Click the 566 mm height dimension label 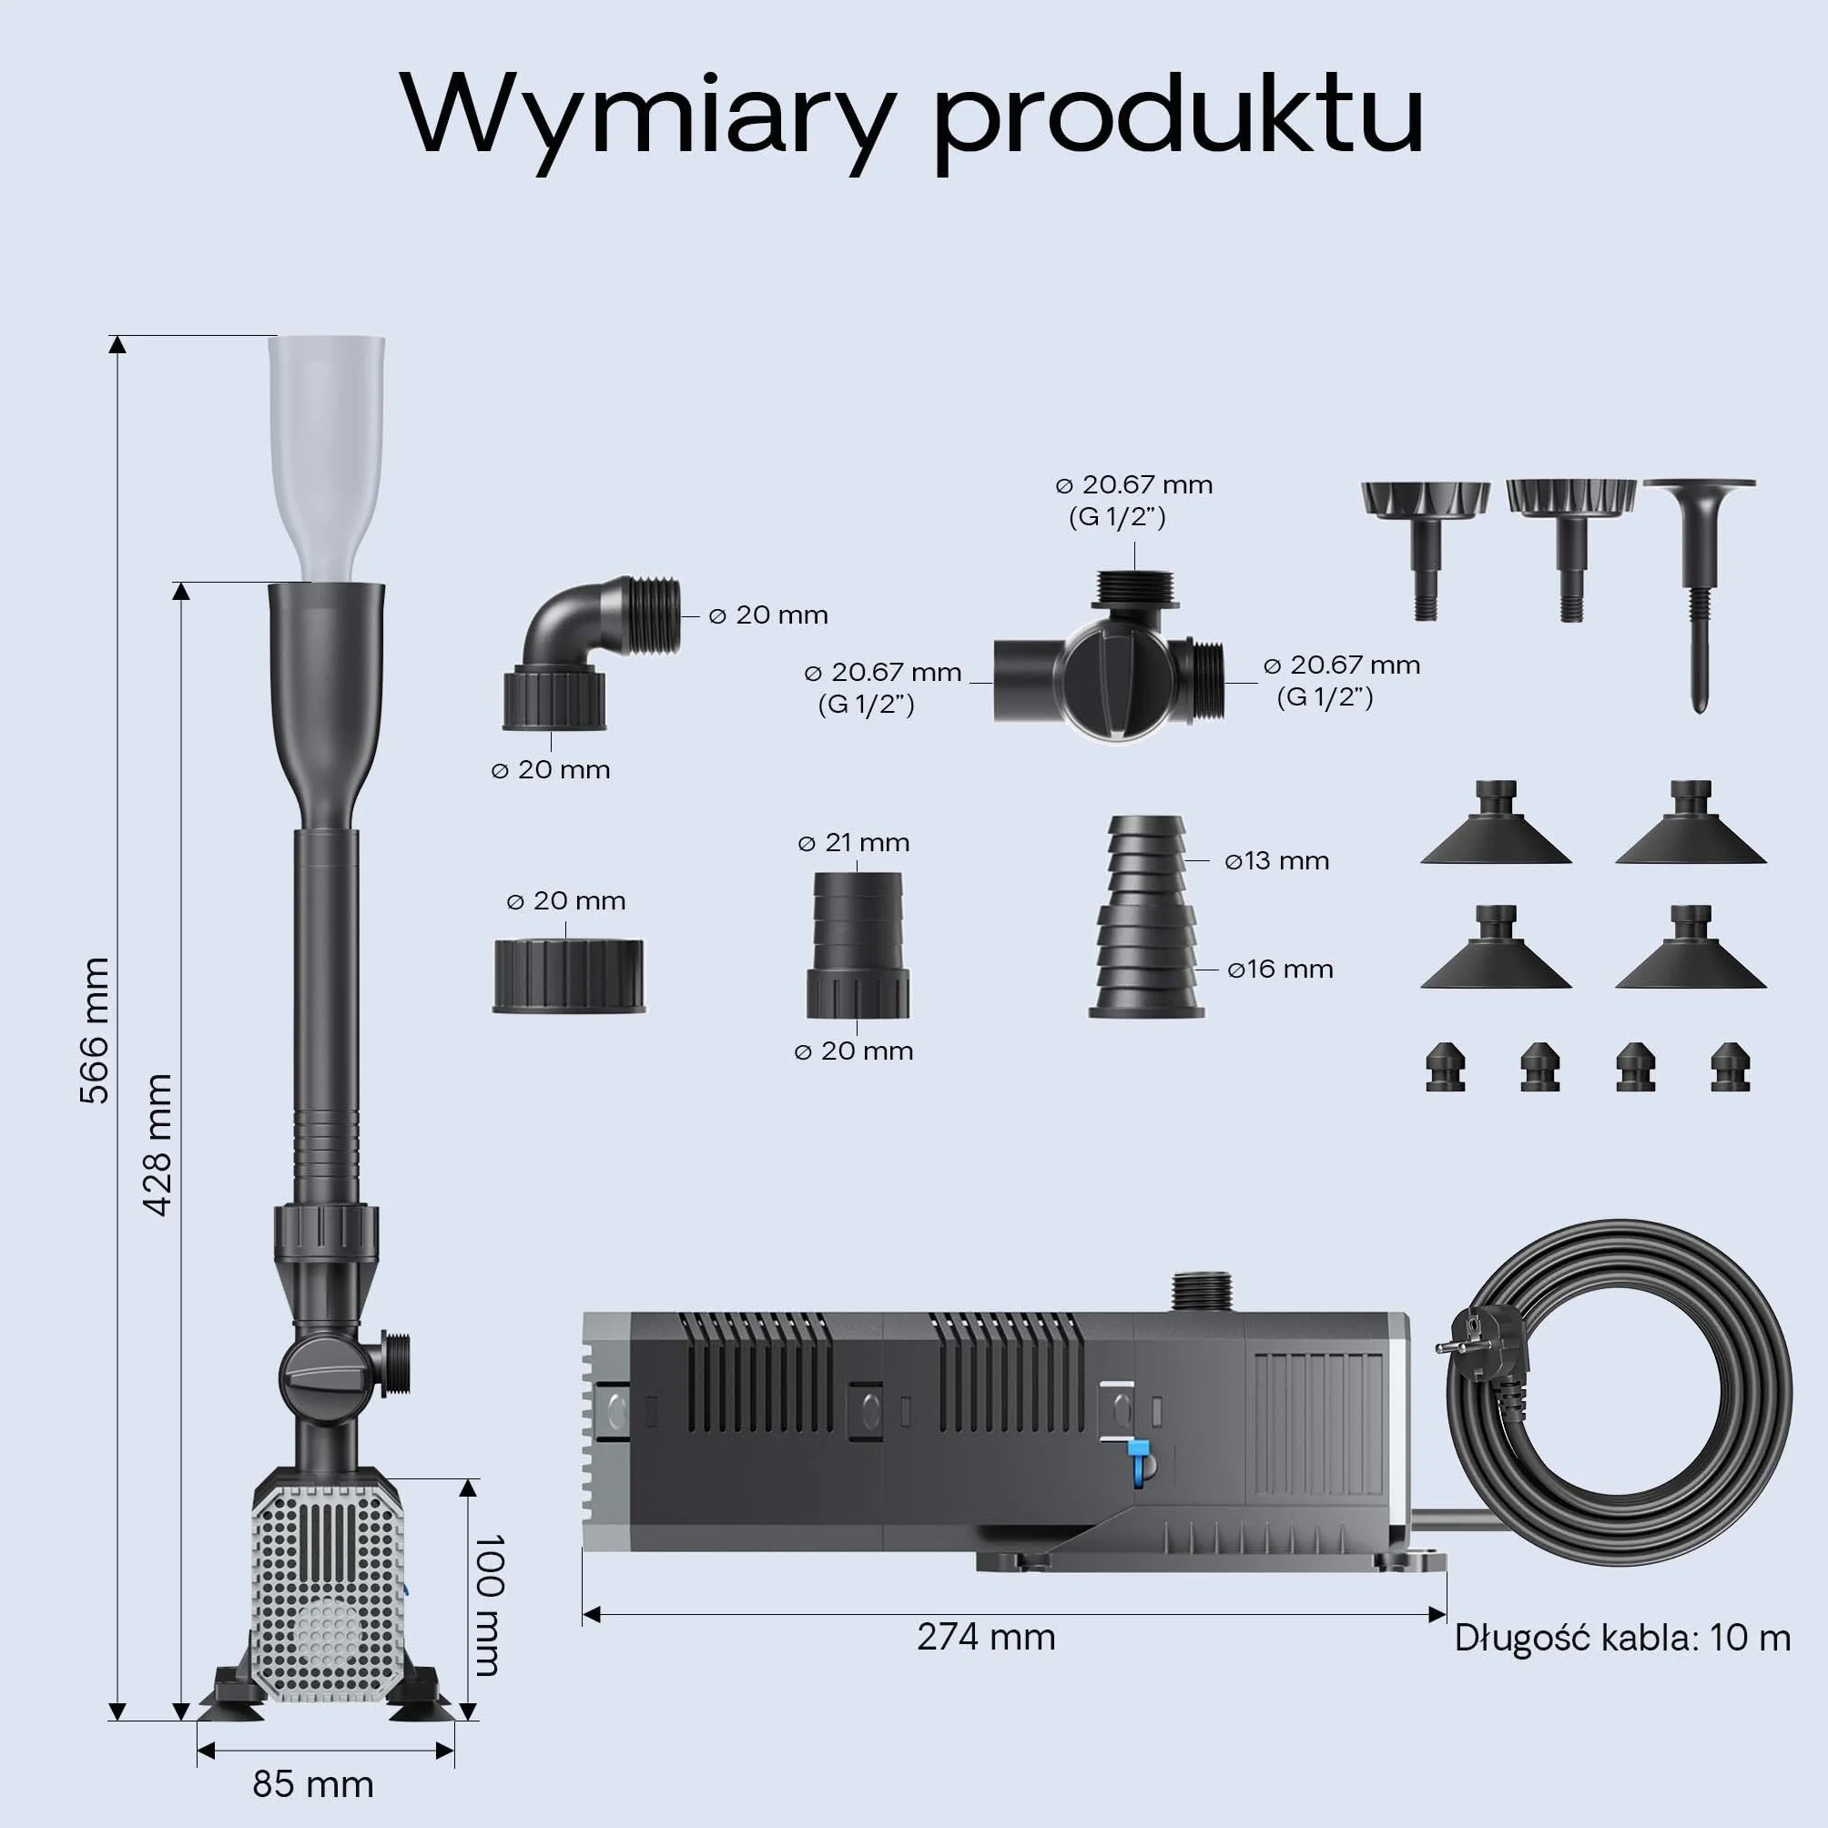click(95, 1031)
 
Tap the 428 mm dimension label click(158, 1145)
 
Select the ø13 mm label click(1276, 861)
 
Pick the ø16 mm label click(1280, 969)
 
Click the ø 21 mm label click(853, 843)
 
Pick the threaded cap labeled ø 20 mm click(569, 976)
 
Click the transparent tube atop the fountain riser click(327, 458)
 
